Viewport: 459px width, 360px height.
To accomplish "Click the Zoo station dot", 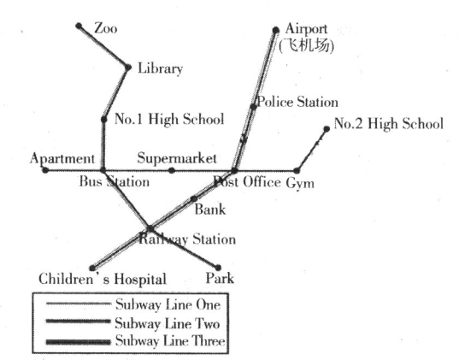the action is [79, 26].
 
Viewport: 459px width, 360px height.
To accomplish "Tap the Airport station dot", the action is [276, 30].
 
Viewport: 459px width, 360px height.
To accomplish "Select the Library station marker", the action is [128, 68].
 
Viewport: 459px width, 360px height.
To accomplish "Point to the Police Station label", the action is [297, 103].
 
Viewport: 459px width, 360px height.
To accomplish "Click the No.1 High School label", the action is [169, 119].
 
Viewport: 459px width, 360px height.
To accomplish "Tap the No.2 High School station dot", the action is [327, 129].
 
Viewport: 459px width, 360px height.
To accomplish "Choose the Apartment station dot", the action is [45, 170].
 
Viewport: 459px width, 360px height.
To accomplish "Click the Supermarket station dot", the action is [172, 170].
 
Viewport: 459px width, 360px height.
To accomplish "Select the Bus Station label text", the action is [115, 181].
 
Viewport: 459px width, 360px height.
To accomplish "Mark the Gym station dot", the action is [297, 170].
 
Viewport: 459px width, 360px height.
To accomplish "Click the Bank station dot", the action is [194, 199].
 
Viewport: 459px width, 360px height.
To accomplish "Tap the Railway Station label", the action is [187, 239].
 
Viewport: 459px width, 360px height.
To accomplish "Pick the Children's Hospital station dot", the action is [92, 268].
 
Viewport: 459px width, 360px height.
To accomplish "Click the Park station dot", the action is [218, 268].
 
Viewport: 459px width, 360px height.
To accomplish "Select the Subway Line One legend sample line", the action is [78, 304].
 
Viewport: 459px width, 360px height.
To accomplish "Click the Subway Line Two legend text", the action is [168, 323].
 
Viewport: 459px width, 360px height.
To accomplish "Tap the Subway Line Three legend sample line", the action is [78, 342].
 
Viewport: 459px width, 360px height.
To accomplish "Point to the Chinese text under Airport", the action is [306, 45].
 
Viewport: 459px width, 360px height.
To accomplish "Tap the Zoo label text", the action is [106, 29].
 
